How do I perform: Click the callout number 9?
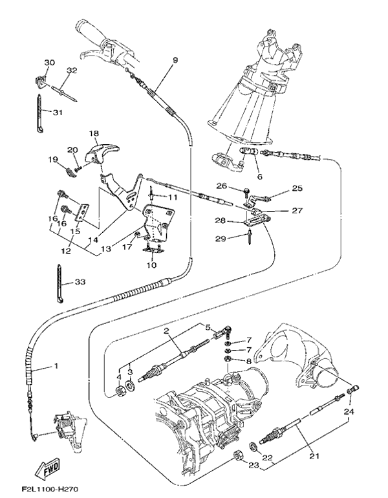point(175,60)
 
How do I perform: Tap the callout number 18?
point(94,134)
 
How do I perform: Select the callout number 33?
point(80,282)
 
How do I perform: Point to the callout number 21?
point(314,455)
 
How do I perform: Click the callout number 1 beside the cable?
point(56,367)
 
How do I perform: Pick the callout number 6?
point(258,176)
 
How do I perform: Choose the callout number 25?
point(297,188)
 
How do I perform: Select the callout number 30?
point(50,62)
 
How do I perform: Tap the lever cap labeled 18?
point(100,153)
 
